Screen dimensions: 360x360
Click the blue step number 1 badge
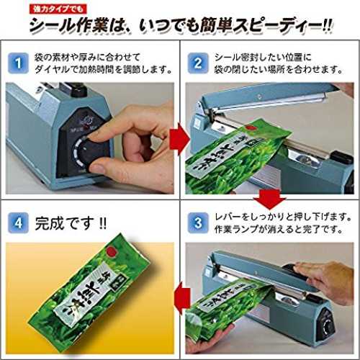click(18, 63)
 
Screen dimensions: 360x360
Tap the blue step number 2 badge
click(198, 63)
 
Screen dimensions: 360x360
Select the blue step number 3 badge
click(198, 223)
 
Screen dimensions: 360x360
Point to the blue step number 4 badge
click(18, 223)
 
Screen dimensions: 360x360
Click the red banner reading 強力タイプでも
click(58, 9)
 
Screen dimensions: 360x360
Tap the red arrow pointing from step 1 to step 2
click(179, 139)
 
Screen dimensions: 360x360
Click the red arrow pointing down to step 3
click(270, 199)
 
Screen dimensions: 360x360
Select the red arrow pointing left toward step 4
click(182, 298)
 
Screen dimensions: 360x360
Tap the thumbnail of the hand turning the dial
click(90, 138)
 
